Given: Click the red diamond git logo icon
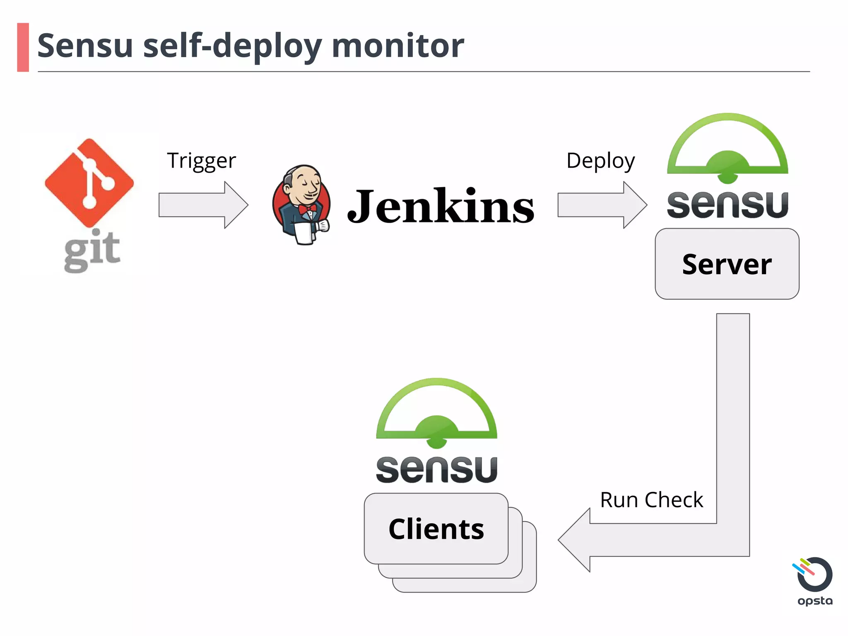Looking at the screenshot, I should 89,183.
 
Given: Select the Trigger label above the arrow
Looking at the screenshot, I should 201,160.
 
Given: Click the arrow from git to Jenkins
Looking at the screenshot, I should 203,205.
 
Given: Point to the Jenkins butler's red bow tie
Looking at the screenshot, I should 308,209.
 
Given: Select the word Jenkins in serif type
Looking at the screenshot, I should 441,206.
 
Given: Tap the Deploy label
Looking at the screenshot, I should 600,161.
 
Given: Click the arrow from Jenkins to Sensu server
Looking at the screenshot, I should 602,205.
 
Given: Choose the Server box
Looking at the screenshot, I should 727,264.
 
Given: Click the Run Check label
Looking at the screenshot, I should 651,500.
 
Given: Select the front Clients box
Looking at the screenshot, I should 436,529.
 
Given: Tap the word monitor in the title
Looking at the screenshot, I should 397,46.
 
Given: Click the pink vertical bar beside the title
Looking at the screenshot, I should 23,47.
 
